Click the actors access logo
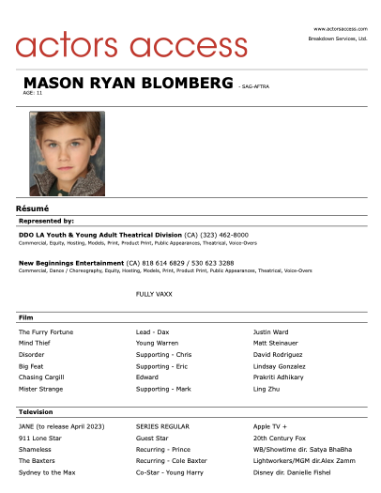131,43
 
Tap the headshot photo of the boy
67,154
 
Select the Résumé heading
32,208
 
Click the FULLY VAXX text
154,294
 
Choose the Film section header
25,318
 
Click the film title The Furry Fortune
46,332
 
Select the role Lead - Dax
153,332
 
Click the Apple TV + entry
273,426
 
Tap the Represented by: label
46,221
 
